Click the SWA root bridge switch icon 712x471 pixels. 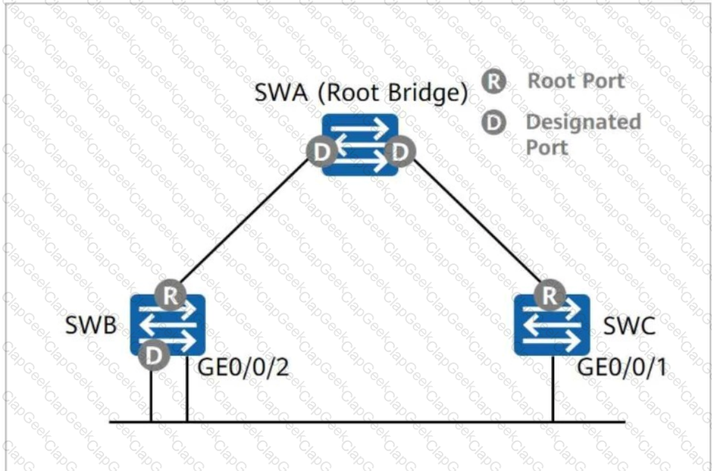(360, 144)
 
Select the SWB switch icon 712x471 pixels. (167, 325)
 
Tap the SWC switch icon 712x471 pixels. (552, 325)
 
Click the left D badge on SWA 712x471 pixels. (322, 152)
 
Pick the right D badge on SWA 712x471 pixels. (400, 152)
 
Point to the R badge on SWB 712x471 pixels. (170, 295)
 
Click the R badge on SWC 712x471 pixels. (550, 295)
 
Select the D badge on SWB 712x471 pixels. (154, 355)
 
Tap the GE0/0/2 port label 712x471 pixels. (243, 367)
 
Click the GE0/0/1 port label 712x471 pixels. (622, 367)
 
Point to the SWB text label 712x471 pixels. (91, 325)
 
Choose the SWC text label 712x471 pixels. (629, 325)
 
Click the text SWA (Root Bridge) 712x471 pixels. (361, 92)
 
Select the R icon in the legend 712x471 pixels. (494, 82)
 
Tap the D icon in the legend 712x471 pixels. (494, 123)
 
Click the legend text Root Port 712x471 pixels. (576, 81)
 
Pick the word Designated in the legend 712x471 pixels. (583, 122)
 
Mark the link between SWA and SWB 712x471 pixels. (245, 220)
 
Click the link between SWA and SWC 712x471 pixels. (477, 220)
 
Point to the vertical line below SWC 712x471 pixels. (553, 389)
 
